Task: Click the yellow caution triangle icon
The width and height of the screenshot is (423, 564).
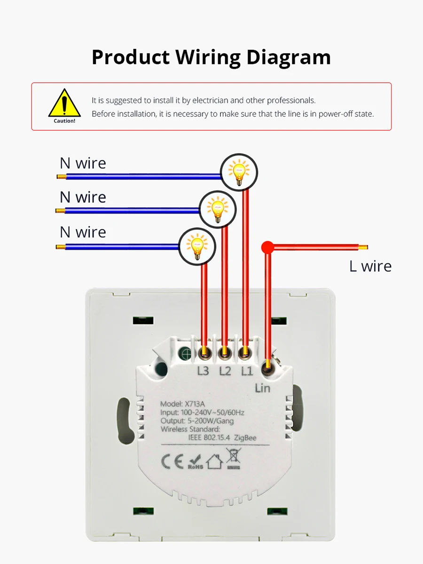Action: pyautogui.click(x=64, y=103)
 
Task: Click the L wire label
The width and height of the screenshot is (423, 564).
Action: pyautogui.click(x=370, y=266)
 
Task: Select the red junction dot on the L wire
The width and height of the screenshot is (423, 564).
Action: pyautogui.click(x=267, y=247)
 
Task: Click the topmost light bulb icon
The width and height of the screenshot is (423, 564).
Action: pyautogui.click(x=239, y=172)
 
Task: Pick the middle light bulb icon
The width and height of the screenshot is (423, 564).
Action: pyautogui.click(x=218, y=209)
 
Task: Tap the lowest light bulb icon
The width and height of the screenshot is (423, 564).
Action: pyautogui.click(x=197, y=246)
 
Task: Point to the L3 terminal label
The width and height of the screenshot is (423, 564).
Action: pyautogui.click(x=203, y=371)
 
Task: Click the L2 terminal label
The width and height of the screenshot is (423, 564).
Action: pyautogui.click(x=225, y=371)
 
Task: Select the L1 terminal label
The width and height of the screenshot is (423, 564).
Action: pyautogui.click(x=247, y=371)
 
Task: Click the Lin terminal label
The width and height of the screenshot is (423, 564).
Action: pyautogui.click(x=262, y=388)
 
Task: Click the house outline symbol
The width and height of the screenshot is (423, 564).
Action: pyautogui.click(x=214, y=461)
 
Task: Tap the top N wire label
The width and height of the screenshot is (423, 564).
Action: pyautogui.click(x=83, y=163)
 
